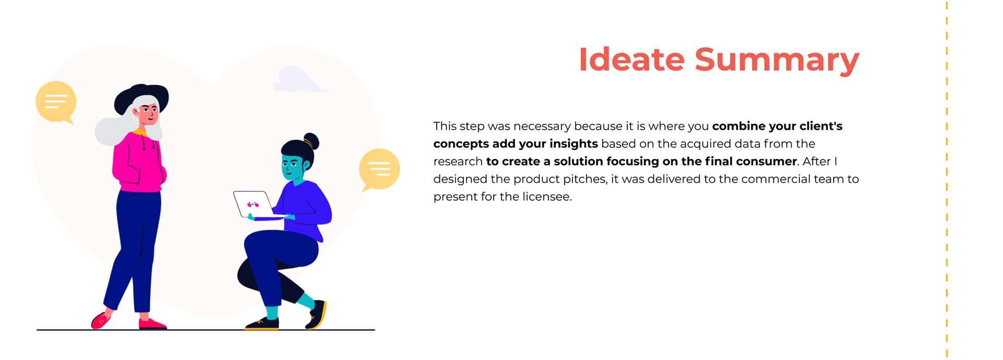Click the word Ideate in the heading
pos(632,60)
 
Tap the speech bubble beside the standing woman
pos(56,102)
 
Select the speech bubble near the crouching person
pos(379,170)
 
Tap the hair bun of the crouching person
pos(311,141)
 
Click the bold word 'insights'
pos(573,144)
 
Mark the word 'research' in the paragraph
pos(458,161)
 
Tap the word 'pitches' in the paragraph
pos(587,179)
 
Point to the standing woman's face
pos(148,112)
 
